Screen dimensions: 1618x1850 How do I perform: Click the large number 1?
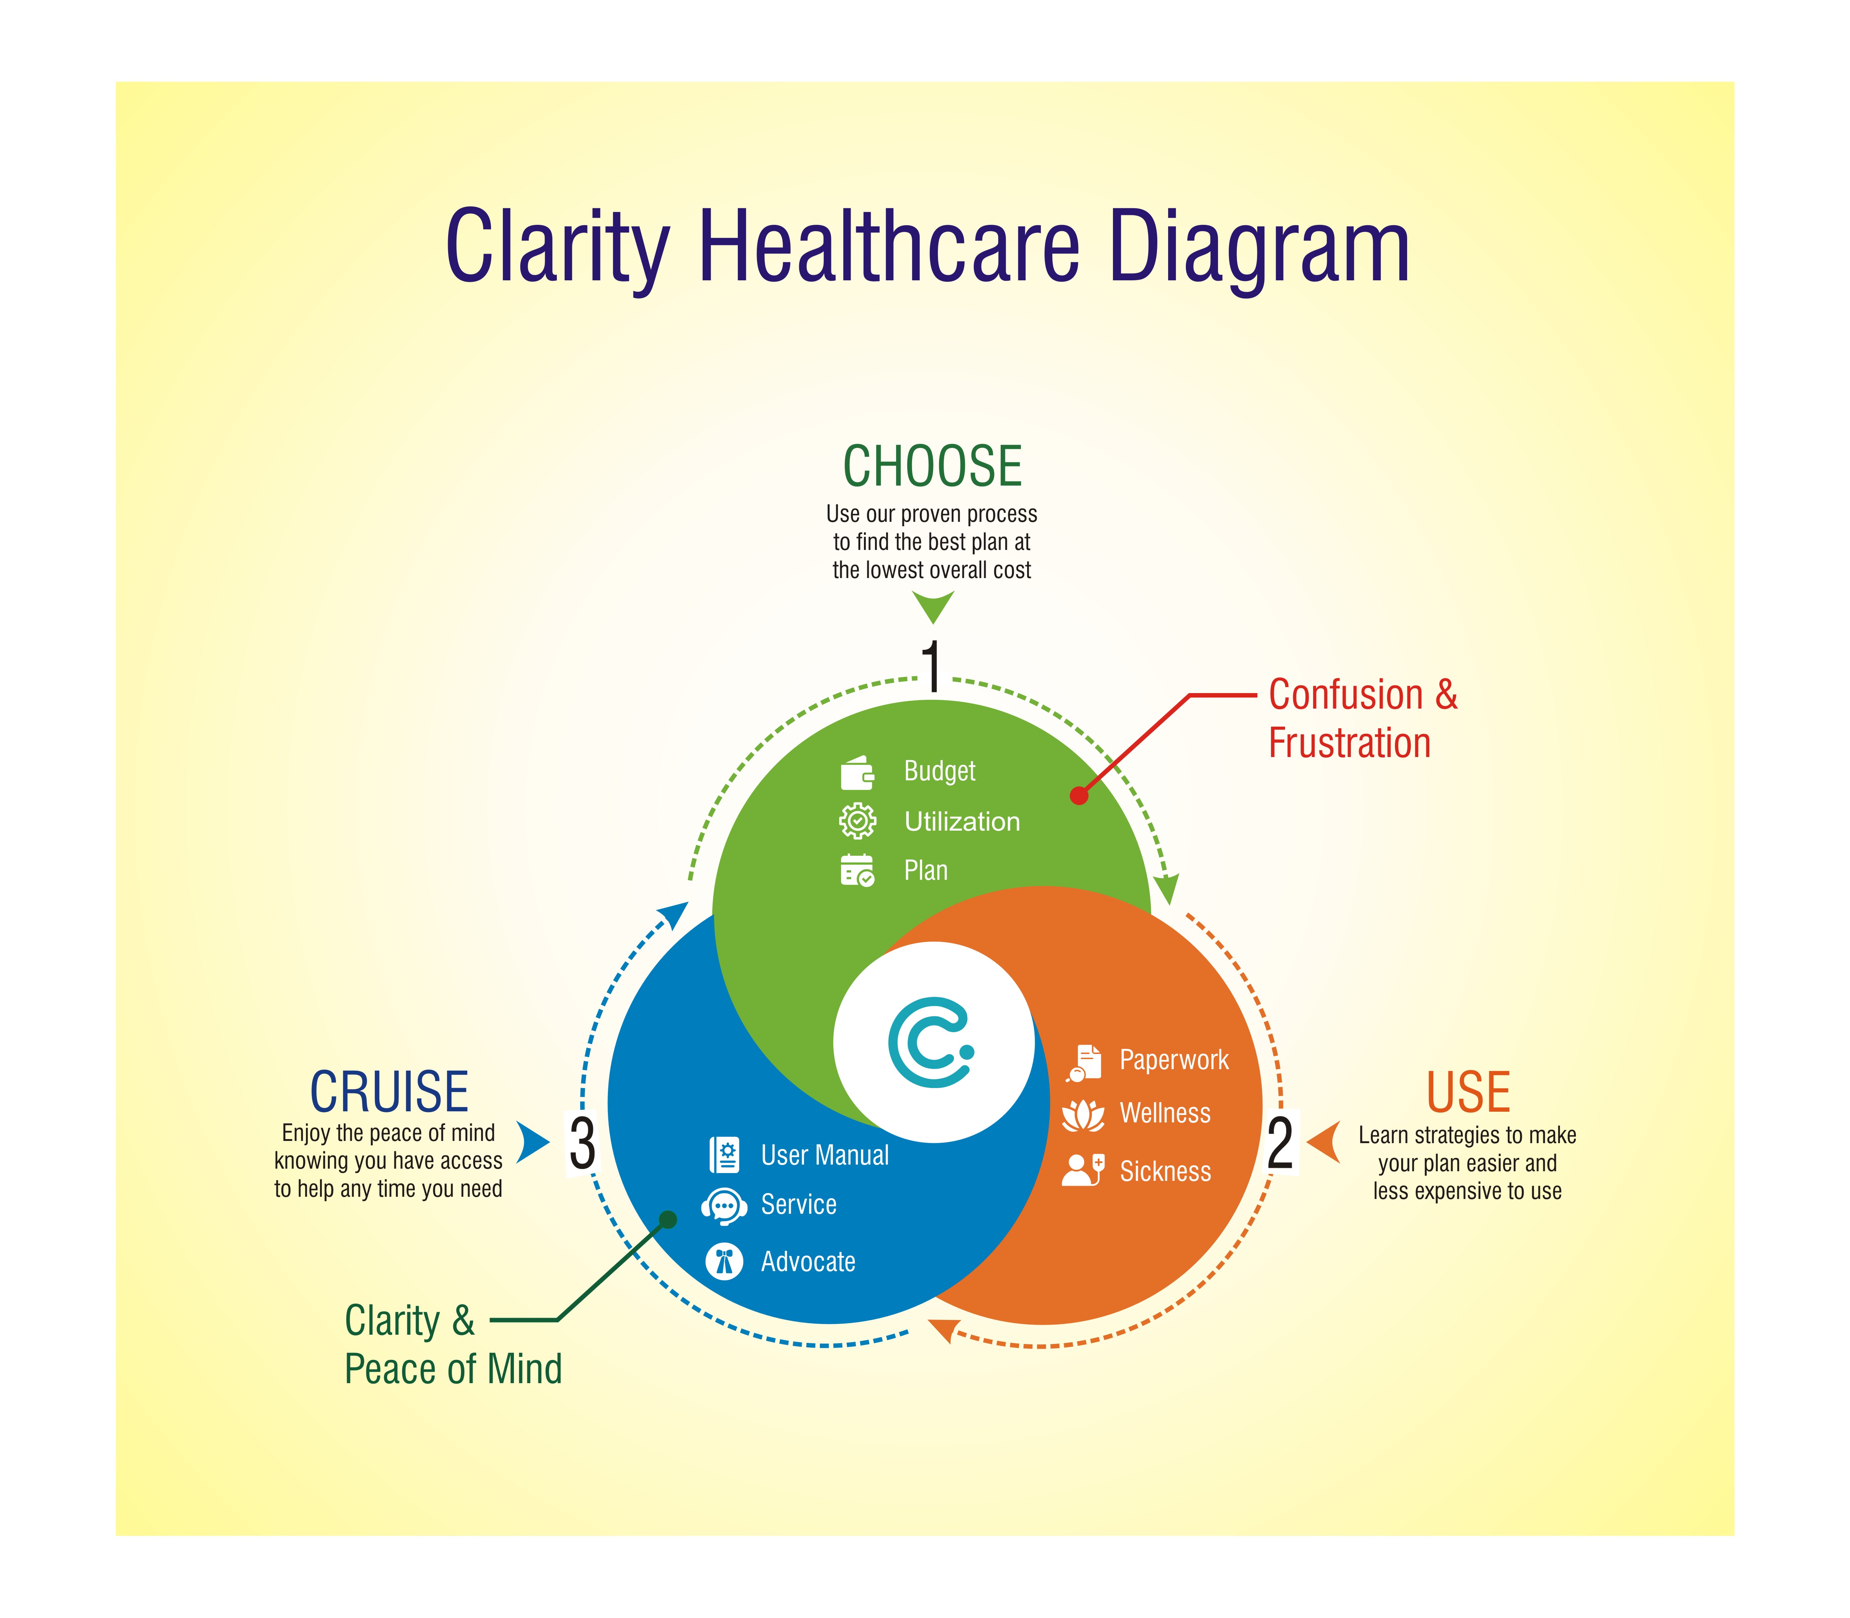(932, 666)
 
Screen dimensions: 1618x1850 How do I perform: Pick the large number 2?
(1280, 1143)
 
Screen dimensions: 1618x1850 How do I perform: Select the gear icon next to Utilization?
(857, 821)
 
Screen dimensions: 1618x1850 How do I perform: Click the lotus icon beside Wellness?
(1083, 1115)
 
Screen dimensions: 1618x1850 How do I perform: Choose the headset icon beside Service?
(724, 1206)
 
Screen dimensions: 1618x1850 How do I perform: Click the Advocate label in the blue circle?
(808, 1261)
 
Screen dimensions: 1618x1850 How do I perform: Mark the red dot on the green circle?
(1079, 796)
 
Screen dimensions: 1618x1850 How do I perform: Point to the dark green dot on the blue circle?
(669, 1220)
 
